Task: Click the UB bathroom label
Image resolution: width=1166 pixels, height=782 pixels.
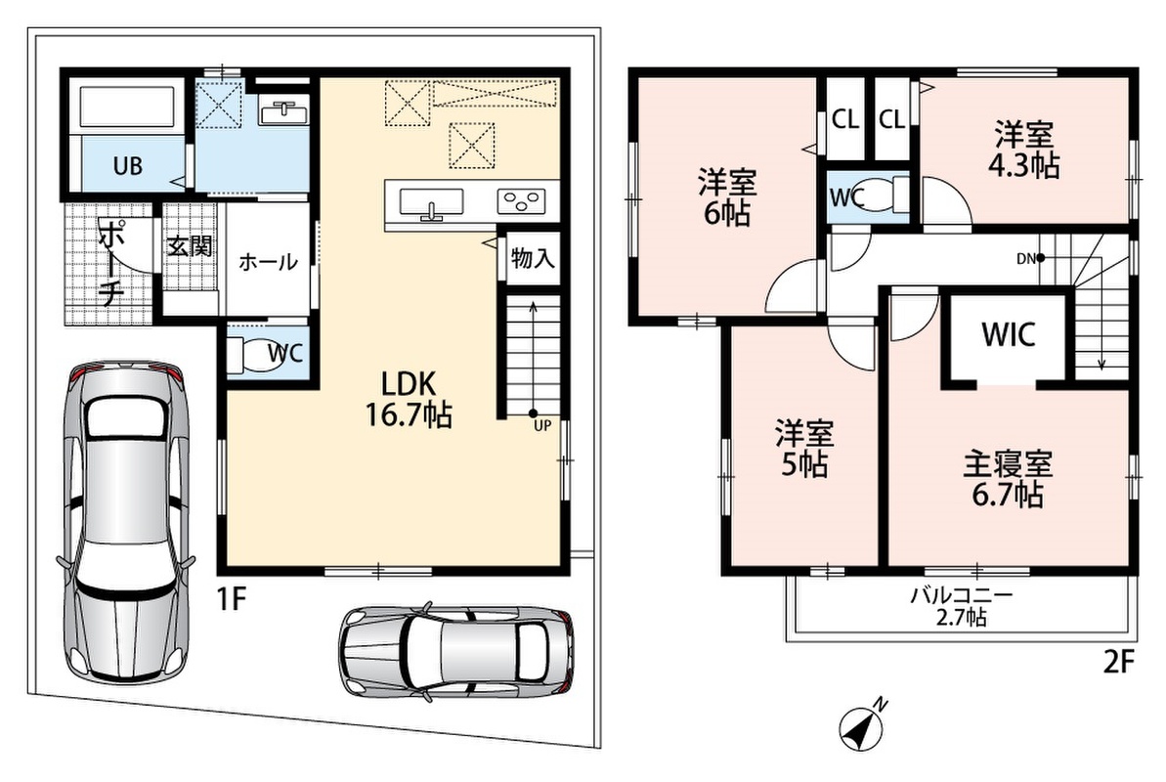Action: coord(128,165)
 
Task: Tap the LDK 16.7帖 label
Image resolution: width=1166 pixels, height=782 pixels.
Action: coord(409,400)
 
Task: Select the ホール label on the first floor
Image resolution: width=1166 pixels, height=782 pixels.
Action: coord(268,262)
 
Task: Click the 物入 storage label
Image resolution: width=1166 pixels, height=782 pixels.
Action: coord(533,258)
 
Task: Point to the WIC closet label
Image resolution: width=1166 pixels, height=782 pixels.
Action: coord(1009,335)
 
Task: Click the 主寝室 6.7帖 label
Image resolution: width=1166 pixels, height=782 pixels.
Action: coord(1008,480)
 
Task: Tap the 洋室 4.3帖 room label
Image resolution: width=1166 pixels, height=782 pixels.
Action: coord(1024,152)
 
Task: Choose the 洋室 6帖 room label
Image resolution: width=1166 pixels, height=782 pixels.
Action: coord(726,197)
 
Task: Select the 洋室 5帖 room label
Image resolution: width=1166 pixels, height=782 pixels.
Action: coord(803,449)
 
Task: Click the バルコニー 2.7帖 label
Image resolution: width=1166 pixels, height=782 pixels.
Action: coord(962,606)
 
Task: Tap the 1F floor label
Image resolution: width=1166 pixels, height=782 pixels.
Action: coord(232,598)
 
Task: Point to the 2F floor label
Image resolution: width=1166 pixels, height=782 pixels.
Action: coord(1119,662)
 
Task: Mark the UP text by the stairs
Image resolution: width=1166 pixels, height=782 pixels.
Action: coord(542,426)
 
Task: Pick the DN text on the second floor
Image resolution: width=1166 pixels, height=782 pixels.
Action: coord(1026,259)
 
